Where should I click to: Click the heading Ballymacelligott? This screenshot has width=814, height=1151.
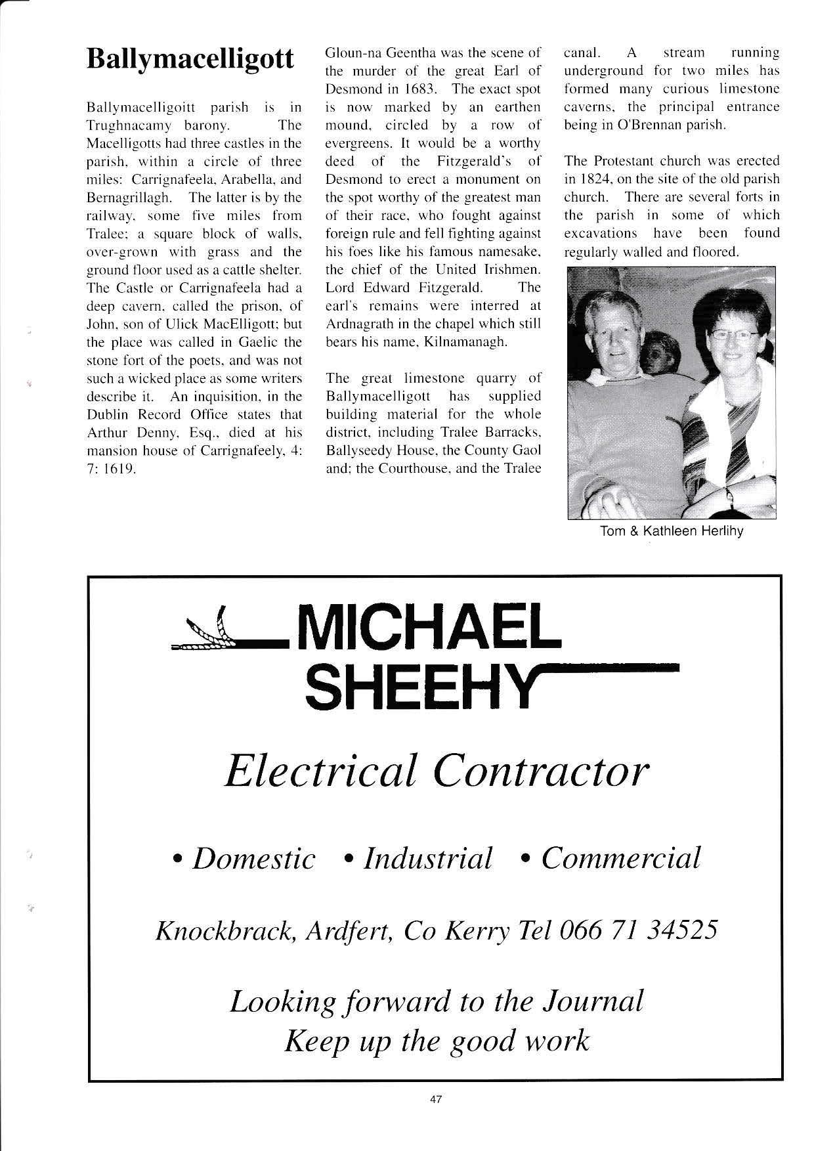tap(190, 60)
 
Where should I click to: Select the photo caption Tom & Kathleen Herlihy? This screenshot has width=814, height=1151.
tap(671, 531)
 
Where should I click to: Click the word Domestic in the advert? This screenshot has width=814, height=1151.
tap(253, 858)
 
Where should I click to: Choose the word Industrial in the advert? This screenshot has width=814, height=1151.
tap(427, 858)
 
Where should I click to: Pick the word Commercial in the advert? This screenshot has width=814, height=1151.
tap(620, 858)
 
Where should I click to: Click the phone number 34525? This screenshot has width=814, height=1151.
tap(681, 930)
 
